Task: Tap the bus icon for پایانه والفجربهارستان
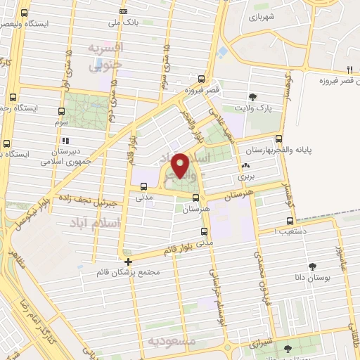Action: (x=280, y=139)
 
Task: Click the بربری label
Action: (x=245, y=176)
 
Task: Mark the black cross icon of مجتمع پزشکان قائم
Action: (x=127, y=262)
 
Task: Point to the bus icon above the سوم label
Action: (x=60, y=111)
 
